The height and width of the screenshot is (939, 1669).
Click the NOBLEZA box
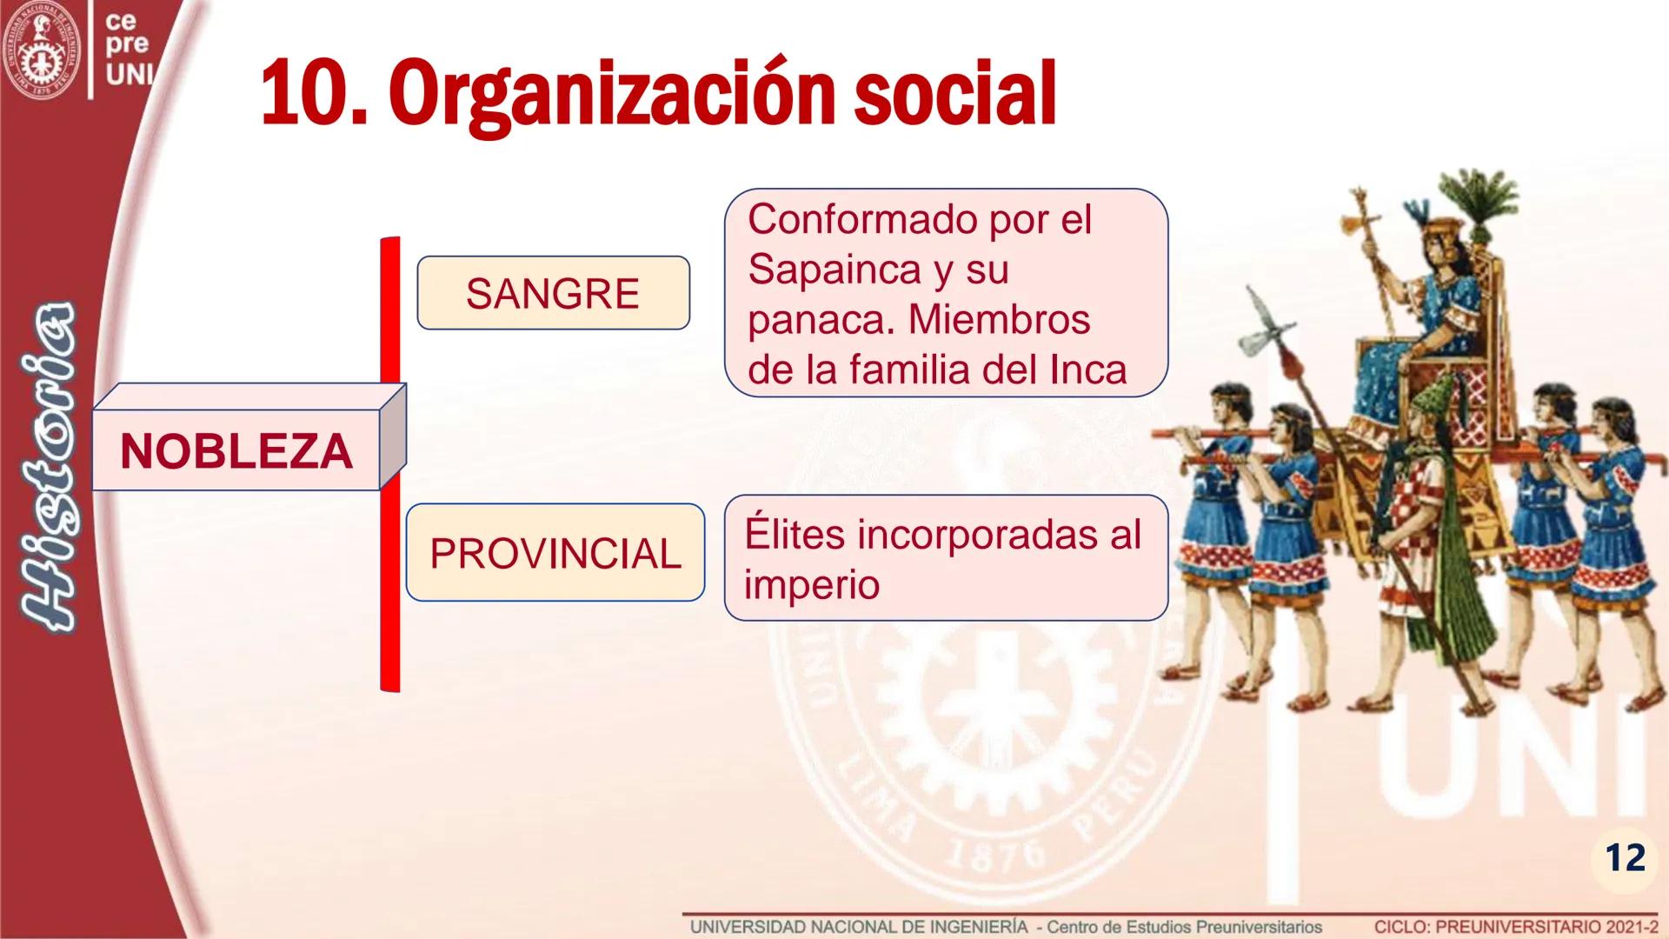236,451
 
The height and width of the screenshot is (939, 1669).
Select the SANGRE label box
553,293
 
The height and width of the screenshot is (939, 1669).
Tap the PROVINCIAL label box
555,553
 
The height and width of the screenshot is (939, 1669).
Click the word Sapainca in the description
832,269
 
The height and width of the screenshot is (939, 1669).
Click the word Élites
795,534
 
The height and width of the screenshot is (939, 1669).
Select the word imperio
811,584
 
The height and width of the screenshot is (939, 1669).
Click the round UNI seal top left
41,45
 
